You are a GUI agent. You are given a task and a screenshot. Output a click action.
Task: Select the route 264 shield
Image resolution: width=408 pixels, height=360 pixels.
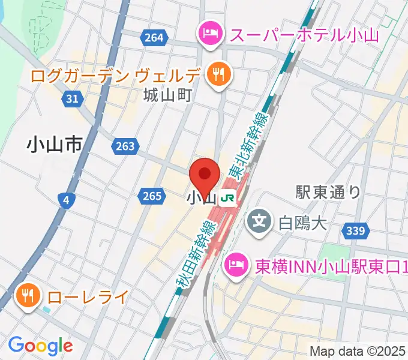coord(154,38)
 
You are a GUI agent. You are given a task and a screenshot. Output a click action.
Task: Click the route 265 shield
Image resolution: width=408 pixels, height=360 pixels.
coord(152,195)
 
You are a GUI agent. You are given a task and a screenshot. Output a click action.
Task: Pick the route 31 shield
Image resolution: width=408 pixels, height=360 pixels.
coord(73,98)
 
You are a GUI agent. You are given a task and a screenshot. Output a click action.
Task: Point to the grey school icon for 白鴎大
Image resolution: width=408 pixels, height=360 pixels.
coord(259,221)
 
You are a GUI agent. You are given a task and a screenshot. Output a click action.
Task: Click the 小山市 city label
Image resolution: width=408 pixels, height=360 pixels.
coord(54,144)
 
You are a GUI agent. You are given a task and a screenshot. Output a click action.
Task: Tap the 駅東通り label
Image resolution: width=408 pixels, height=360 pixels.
coord(328,192)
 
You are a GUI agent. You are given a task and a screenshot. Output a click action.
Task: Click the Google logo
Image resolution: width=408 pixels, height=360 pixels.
coord(40,345)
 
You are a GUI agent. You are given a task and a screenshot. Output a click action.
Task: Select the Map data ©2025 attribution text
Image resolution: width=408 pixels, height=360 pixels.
coord(358,351)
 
